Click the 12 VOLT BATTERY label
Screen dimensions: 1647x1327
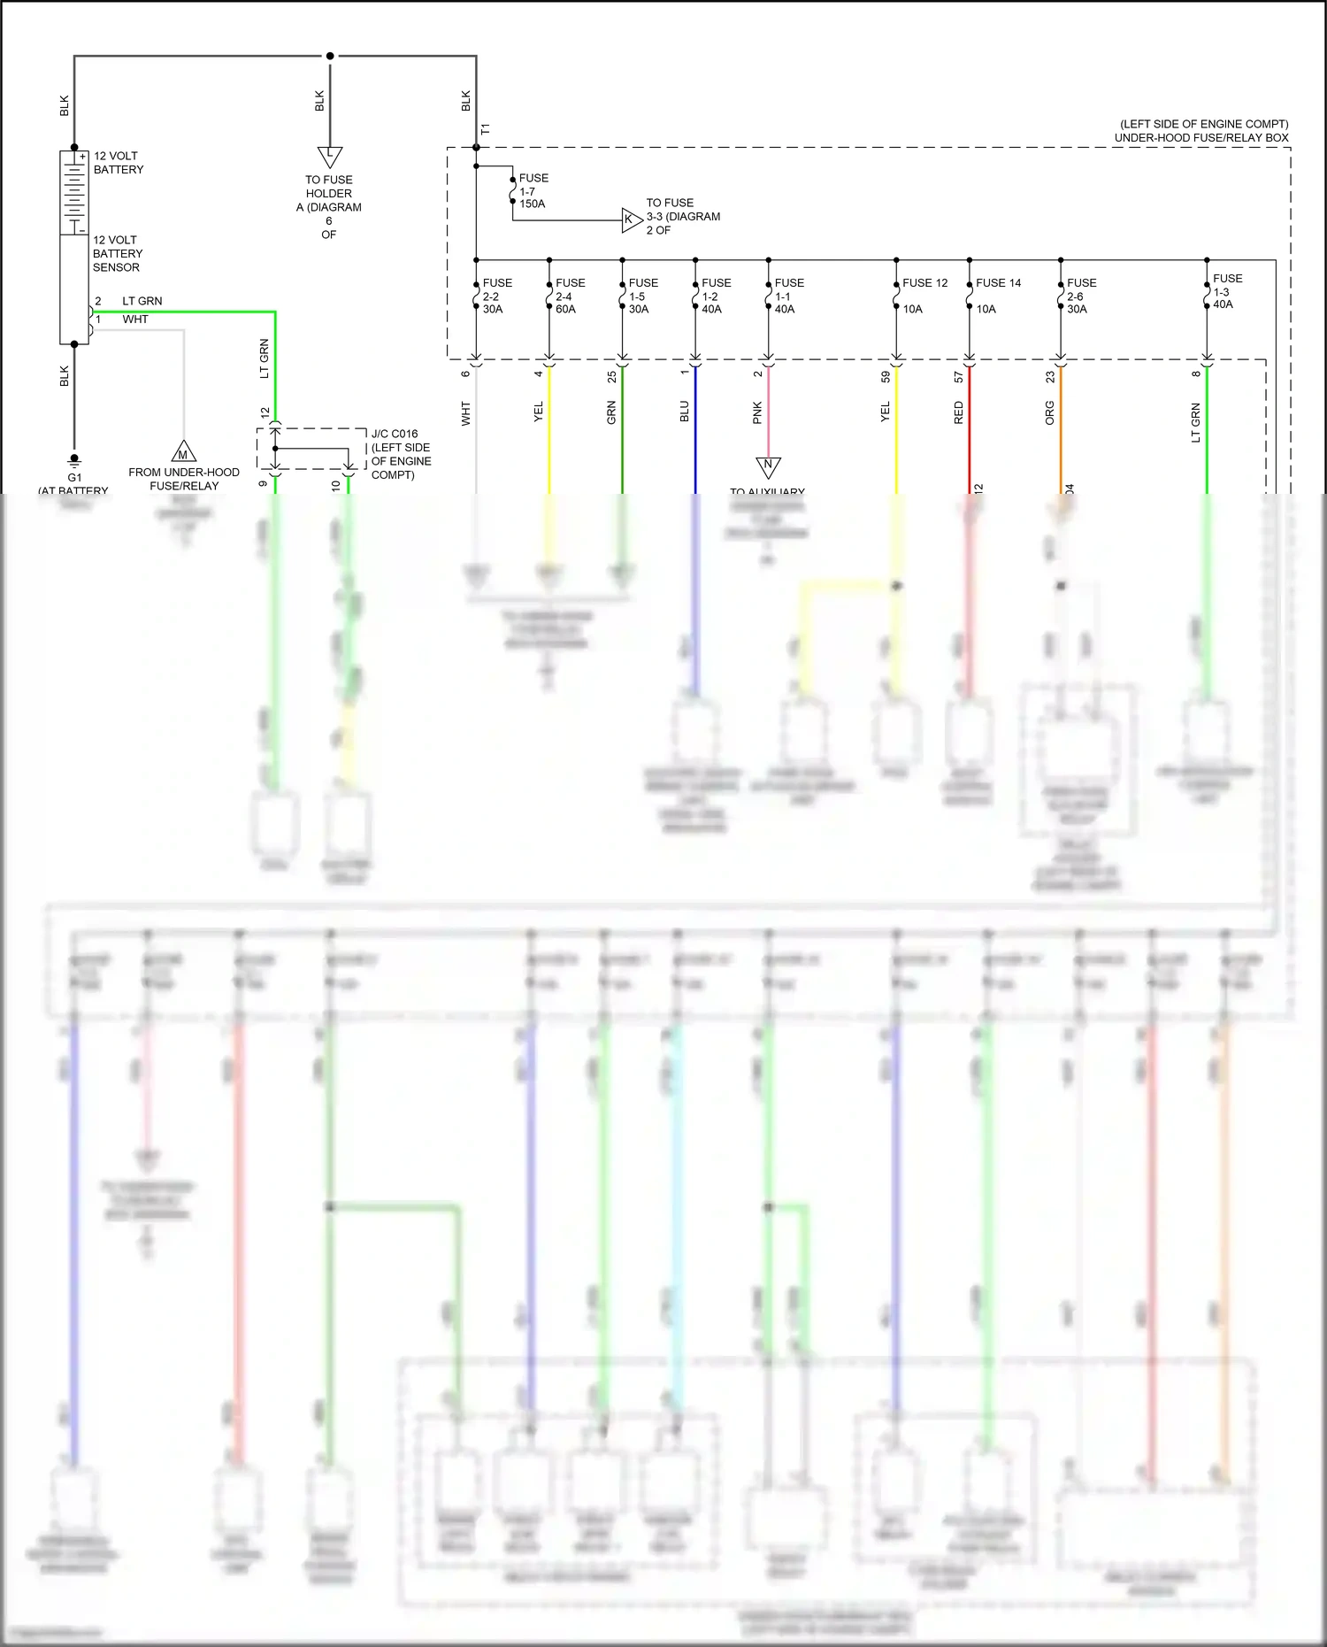click(x=119, y=163)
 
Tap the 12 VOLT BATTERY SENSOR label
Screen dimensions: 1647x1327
click(x=117, y=254)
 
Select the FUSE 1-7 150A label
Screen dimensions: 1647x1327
click(x=533, y=191)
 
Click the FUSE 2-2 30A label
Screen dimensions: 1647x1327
click(x=496, y=296)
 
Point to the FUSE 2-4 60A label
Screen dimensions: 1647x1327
click(x=570, y=296)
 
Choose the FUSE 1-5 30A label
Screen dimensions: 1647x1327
click(x=642, y=296)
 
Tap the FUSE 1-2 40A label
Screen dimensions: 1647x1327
click(x=716, y=296)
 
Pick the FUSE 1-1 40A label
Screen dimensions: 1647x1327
click(x=788, y=296)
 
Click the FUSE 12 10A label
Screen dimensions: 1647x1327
click(x=924, y=296)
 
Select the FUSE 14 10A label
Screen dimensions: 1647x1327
click(x=997, y=296)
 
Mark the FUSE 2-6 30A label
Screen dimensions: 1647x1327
click(x=1080, y=296)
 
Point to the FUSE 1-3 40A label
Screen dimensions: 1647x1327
click(x=1226, y=291)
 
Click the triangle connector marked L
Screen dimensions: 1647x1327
click(x=329, y=156)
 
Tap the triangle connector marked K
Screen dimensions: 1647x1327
click(x=630, y=219)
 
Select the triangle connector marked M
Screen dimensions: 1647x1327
click(x=183, y=452)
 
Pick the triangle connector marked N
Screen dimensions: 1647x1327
click(x=768, y=466)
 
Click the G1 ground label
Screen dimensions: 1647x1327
click(x=74, y=478)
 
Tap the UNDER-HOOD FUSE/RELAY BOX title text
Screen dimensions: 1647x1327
click(x=1200, y=138)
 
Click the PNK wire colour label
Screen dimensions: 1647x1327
click(x=757, y=412)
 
